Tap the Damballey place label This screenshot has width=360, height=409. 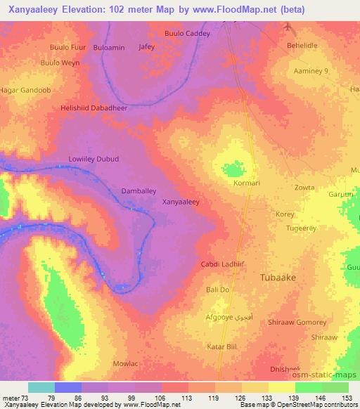(x=139, y=190)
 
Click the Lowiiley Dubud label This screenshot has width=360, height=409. (x=94, y=159)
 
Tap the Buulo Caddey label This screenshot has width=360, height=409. (x=187, y=33)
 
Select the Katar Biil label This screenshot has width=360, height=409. (x=220, y=346)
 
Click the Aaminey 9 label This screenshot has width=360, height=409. (x=311, y=72)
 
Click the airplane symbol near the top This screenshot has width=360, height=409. (x=288, y=27)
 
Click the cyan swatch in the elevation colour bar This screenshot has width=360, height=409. (x=41, y=387)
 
